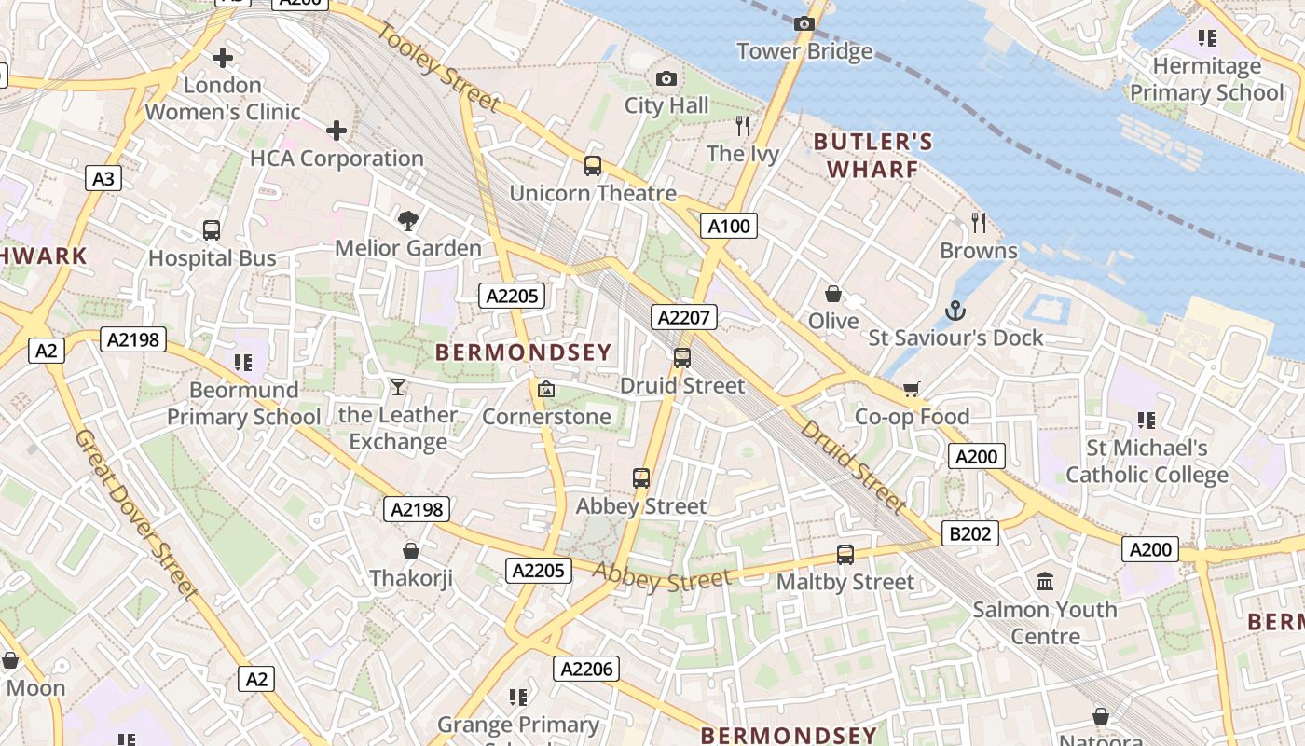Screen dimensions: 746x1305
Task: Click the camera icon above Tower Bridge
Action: (804, 23)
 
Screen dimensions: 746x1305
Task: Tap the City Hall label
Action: (666, 105)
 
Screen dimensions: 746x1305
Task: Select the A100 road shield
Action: (728, 226)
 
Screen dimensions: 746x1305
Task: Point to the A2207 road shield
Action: (684, 317)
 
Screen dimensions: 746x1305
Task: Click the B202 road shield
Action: (970, 533)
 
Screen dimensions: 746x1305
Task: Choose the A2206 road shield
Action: (586, 668)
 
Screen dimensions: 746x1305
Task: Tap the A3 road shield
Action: (103, 178)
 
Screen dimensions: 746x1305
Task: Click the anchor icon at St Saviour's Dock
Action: (955, 311)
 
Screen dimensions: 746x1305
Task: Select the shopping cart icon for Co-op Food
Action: (912, 389)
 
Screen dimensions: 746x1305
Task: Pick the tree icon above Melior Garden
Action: (407, 221)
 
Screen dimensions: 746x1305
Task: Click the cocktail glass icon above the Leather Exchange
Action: (398, 386)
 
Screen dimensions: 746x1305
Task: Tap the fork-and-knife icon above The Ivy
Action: (743, 126)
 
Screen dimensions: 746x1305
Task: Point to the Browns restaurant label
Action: (978, 251)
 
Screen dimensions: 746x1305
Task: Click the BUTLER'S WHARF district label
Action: (872, 156)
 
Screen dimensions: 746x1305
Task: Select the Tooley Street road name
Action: (440, 66)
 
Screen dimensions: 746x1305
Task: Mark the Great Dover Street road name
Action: (136, 514)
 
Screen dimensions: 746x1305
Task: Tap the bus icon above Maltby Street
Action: (845, 554)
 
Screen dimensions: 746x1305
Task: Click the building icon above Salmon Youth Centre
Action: (1045, 582)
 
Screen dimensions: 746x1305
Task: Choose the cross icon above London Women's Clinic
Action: (223, 58)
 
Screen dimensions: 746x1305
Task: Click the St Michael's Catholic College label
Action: (1147, 462)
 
